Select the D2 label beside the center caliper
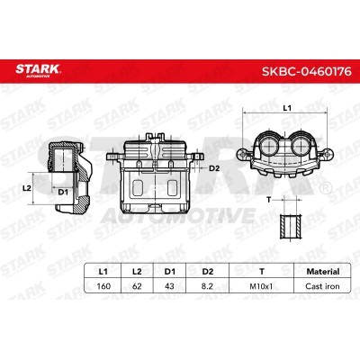214,167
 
